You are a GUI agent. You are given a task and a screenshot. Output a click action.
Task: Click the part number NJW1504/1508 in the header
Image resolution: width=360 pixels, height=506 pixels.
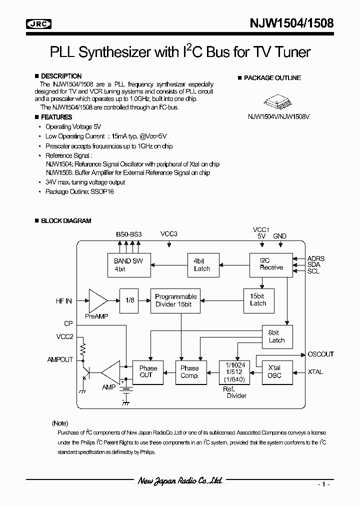coord(292,23)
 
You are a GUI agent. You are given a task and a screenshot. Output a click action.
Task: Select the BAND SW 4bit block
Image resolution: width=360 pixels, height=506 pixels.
coord(128,264)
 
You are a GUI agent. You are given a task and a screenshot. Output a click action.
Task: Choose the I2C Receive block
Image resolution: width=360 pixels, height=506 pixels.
coord(271,264)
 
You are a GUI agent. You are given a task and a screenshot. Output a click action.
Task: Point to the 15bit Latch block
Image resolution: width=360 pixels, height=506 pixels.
coord(258,299)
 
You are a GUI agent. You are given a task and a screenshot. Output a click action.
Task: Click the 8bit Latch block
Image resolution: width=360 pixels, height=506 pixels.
coord(276,336)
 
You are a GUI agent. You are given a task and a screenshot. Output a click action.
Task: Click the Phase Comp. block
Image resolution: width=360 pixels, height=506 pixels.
coord(189,371)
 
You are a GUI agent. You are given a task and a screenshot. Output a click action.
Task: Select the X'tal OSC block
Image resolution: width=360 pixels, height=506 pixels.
coord(274,371)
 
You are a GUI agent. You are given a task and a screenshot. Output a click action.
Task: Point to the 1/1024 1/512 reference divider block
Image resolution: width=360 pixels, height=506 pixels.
coord(234,372)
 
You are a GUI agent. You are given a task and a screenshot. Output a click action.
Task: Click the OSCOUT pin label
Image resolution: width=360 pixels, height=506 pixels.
coord(321,354)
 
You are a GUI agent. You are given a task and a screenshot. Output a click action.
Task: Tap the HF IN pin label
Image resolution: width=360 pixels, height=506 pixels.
coord(64,301)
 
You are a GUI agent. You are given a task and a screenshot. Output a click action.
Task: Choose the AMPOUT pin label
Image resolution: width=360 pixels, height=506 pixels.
coord(60,359)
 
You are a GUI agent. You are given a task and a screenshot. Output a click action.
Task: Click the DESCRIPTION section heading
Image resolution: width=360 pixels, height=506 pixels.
coord(61,76)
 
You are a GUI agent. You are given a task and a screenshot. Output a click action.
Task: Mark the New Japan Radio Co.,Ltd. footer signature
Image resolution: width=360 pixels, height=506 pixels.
coord(179,481)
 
